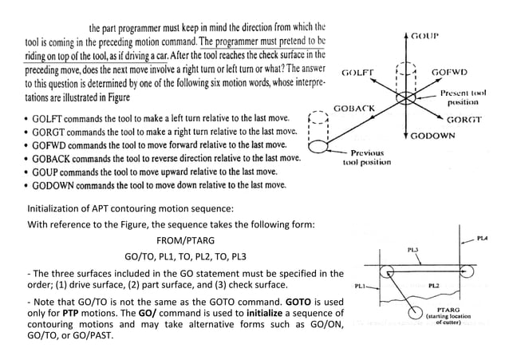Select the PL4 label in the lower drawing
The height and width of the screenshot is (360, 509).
(x=483, y=239)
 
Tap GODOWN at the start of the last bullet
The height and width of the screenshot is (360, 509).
(x=53, y=185)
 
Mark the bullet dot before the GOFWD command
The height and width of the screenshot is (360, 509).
(x=26, y=144)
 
